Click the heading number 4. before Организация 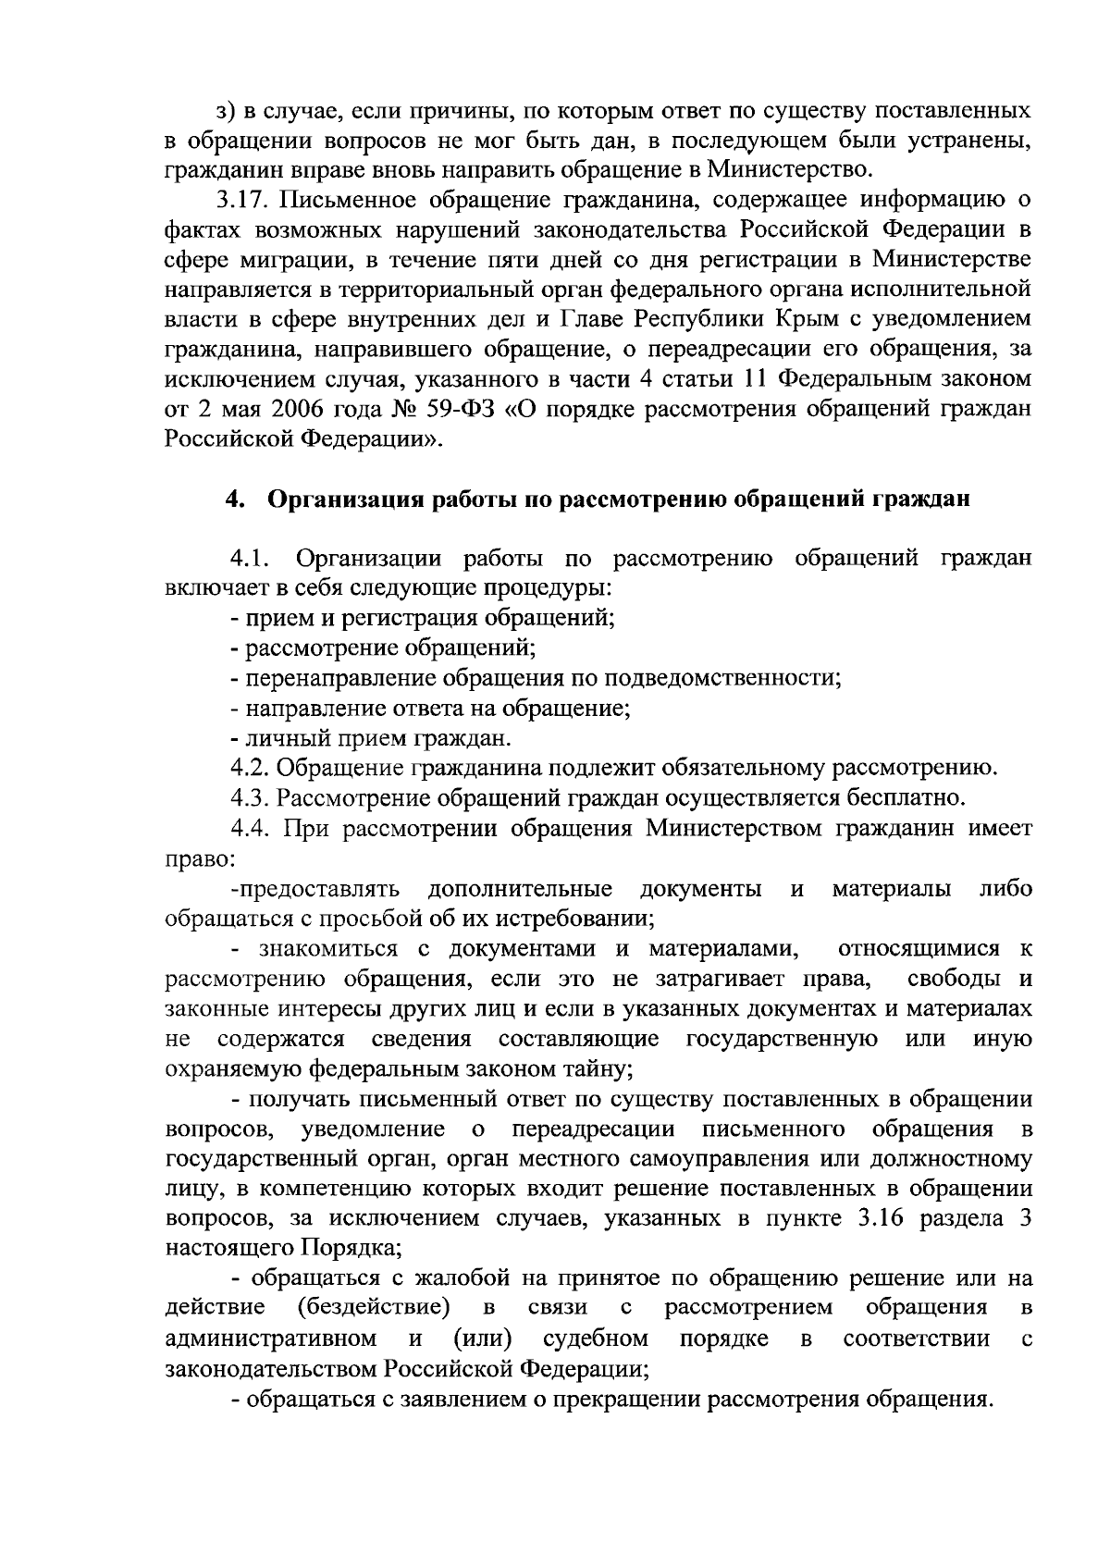point(234,500)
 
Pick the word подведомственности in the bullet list point(721,678)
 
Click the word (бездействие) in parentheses point(375,1307)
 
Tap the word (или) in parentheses point(485,1338)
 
